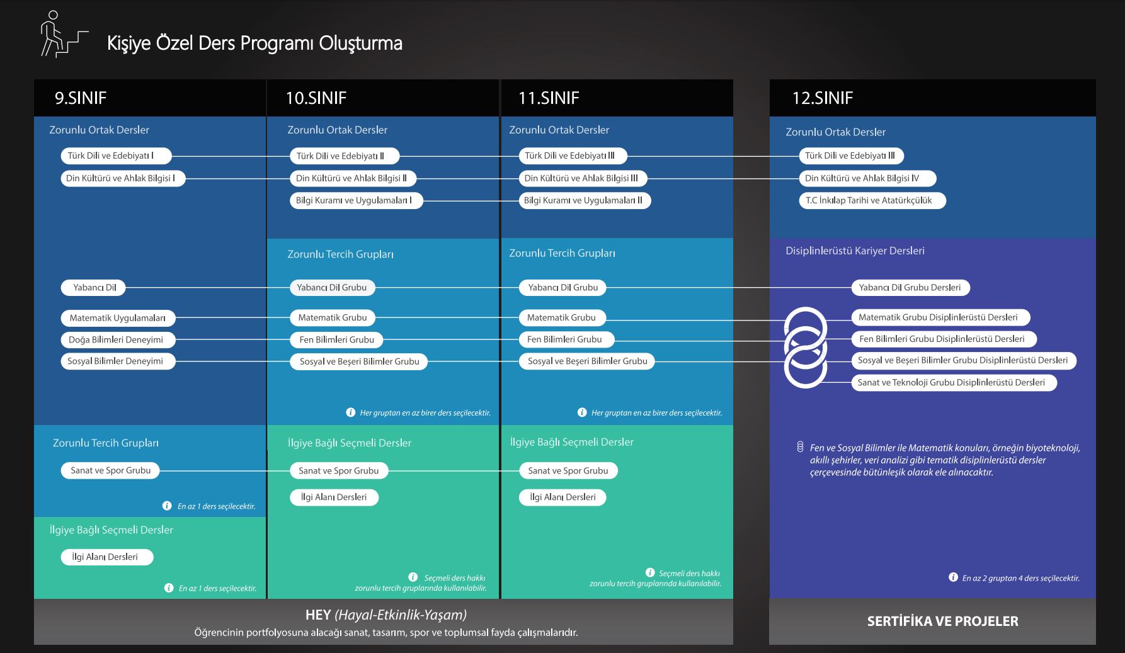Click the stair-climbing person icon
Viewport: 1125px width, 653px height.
click(64, 35)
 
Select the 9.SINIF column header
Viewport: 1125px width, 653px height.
click(81, 98)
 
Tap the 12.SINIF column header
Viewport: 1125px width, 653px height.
click(822, 98)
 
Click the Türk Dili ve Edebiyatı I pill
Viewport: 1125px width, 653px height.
click(115, 156)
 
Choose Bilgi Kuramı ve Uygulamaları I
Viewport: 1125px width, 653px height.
click(355, 200)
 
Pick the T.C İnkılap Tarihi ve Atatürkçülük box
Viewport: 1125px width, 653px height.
click(872, 200)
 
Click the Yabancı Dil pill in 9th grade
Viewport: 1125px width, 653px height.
click(93, 287)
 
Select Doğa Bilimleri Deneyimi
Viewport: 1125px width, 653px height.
click(118, 339)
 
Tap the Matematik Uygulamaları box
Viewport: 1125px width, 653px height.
click(118, 318)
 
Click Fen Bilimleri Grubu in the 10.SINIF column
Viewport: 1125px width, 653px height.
click(336, 339)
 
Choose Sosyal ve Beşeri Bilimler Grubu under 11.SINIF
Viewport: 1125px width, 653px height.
click(587, 361)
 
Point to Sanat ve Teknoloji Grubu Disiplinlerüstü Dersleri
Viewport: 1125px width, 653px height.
click(954, 382)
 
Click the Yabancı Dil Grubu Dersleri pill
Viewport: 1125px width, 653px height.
click(911, 287)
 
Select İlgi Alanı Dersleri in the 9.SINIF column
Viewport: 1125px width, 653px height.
click(107, 557)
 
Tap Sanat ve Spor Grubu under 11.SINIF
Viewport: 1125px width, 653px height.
click(568, 470)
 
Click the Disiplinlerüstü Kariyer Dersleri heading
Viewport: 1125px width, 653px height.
click(855, 251)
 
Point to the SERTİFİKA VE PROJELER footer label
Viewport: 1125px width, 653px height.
click(942, 621)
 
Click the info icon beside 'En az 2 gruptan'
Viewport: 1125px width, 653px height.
click(953, 577)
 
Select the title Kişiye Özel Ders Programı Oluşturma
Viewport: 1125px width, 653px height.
click(254, 43)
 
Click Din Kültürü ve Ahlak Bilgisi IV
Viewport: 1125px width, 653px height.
click(867, 178)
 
